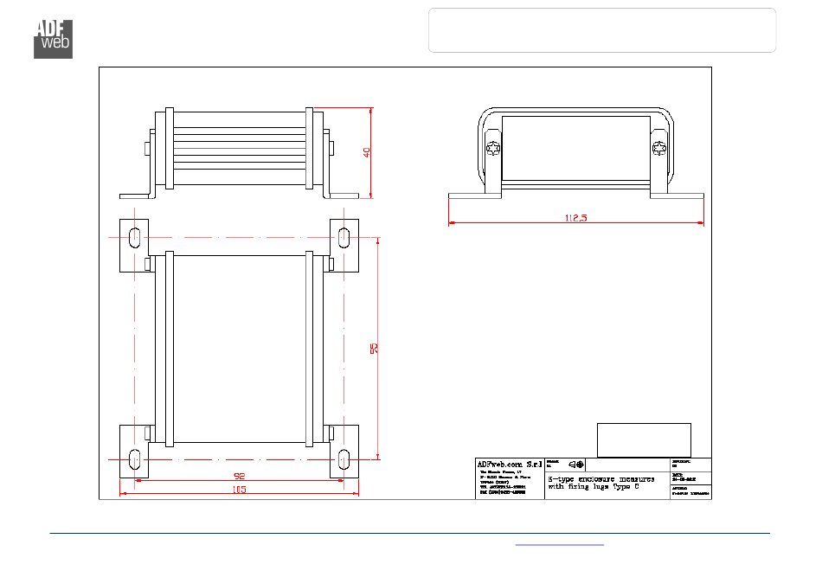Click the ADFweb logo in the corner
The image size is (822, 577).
pyautogui.click(x=53, y=37)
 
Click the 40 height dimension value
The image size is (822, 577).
pyautogui.click(x=367, y=152)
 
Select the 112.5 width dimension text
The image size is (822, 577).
pyautogui.click(x=575, y=218)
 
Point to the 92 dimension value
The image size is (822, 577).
pyautogui.click(x=239, y=477)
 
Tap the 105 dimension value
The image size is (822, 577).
pyautogui.click(x=239, y=490)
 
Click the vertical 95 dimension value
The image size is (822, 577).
pyautogui.click(x=374, y=349)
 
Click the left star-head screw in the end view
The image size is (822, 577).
pyautogui.click(x=494, y=149)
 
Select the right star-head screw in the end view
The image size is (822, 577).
pyautogui.click(x=660, y=149)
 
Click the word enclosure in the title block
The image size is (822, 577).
pyautogui.click(x=606, y=478)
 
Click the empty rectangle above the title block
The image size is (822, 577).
pyautogui.click(x=644, y=439)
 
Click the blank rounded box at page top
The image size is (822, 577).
pyautogui.click(x=602, y=30)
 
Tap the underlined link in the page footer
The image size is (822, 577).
pyautogui.click(x=560, y=544)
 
